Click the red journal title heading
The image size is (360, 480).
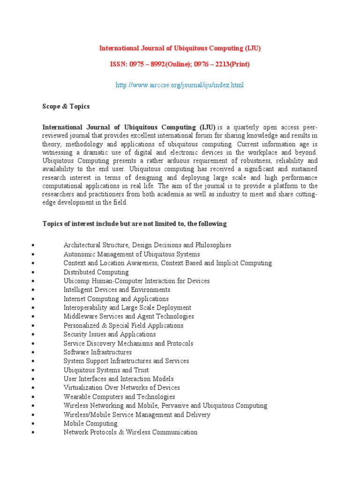(180, 48)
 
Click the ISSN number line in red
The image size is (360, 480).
(180, 64)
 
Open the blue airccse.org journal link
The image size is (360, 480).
(180, 85)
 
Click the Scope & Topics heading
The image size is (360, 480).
(66, 106)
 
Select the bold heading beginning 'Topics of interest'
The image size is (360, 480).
(135, 224)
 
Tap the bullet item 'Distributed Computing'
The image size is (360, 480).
(96, 272)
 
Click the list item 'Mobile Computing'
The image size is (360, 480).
(90, 423)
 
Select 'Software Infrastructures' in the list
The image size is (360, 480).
(97, 352)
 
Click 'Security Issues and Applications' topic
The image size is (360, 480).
(110, 334)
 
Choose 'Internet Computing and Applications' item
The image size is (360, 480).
(116, 299)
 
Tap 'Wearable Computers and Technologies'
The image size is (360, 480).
(119, 397)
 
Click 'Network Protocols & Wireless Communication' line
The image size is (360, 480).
(130, 432)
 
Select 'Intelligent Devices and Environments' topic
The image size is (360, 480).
(117, 290)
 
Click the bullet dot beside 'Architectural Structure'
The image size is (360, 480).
(31, 246)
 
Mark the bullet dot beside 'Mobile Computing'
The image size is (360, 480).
(31, 424)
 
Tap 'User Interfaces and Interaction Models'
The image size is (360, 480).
(119, 379)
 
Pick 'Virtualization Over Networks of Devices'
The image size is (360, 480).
(121, 388)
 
